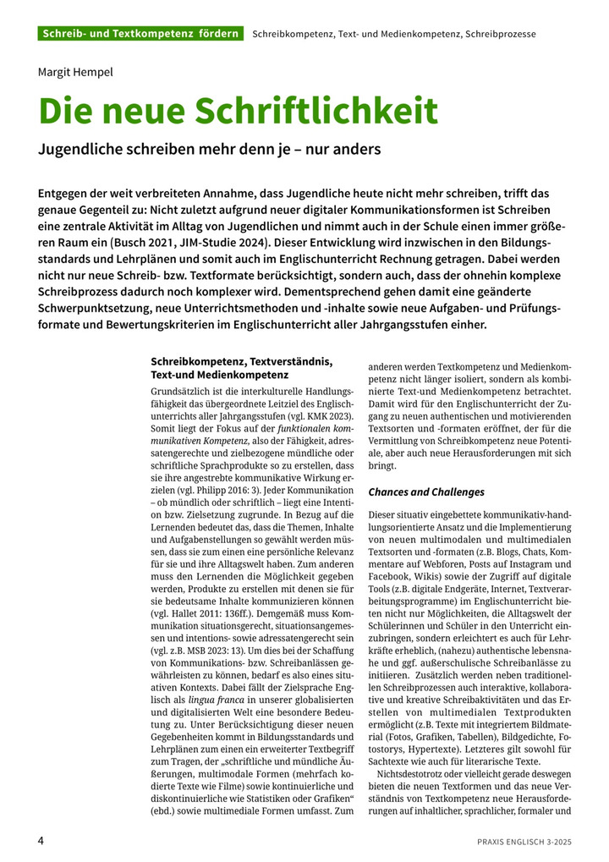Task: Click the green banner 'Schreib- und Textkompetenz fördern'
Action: [x=140, y=34]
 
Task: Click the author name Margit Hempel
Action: [x=75, y=72]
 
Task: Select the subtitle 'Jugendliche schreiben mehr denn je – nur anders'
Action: [x=210, y=150]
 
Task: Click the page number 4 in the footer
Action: [x=41, y=841]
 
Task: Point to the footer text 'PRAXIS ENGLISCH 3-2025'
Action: [x=523, y=842]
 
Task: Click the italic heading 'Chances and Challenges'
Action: [x=426, y=491]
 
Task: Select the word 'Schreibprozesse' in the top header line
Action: [x=502, y=34]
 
